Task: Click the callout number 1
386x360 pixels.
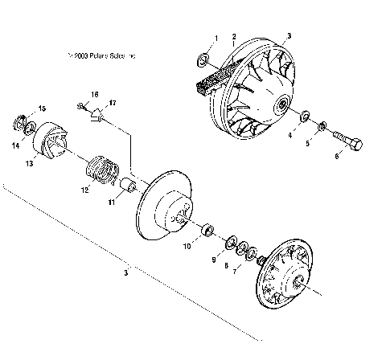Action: [215, 39]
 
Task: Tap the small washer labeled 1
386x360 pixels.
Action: [204, 60]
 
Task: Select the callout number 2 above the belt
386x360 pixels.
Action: [234, 36]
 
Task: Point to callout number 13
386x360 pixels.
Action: [30, 163]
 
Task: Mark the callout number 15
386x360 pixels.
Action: [43, 108]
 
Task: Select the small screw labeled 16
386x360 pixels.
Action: [83, 105]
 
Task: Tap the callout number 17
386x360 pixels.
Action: [113, 103]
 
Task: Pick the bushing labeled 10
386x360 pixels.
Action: [206, 231]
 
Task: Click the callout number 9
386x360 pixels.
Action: [214, 260]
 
